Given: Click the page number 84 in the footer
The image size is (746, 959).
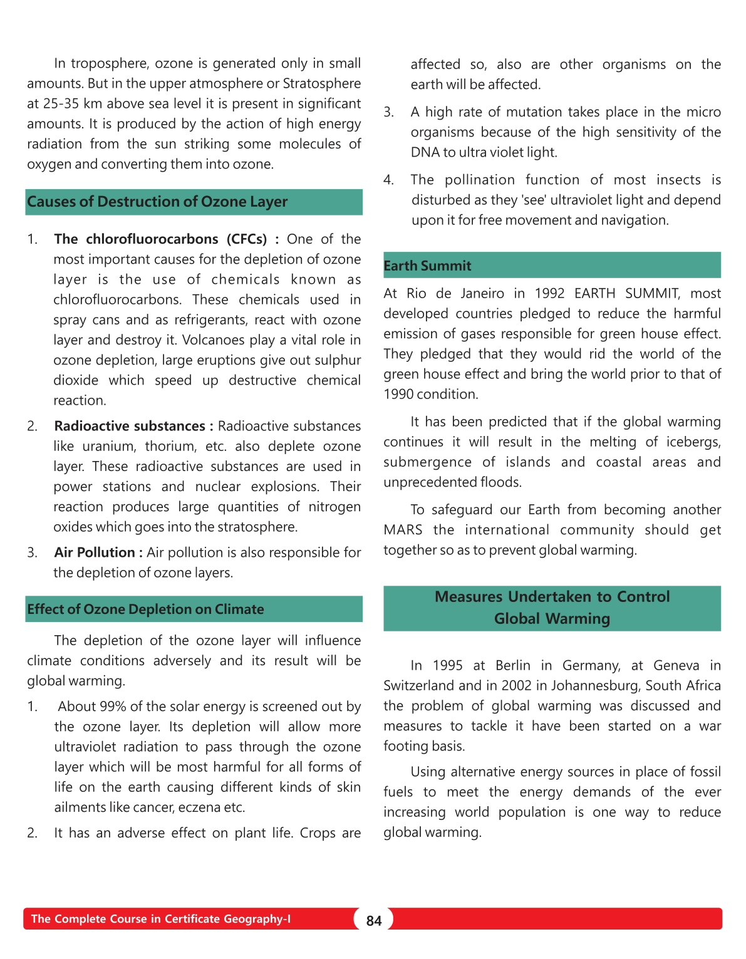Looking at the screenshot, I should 374,920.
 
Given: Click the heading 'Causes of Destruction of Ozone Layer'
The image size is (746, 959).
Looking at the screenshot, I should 157,202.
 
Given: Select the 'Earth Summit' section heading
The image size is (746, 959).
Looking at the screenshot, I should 427,266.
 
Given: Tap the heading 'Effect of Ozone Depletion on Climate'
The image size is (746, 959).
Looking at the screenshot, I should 145,609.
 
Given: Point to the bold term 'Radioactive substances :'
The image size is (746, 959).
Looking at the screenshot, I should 133,426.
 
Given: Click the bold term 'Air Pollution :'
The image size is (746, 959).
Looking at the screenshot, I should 98,552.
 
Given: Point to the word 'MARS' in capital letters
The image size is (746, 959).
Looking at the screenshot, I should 403,530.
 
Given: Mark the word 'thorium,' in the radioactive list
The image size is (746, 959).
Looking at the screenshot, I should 170,446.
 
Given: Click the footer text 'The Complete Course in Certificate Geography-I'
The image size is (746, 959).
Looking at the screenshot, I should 160,919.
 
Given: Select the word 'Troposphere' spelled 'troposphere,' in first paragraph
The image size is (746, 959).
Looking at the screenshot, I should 110,63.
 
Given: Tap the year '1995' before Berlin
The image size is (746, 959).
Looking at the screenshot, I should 447,665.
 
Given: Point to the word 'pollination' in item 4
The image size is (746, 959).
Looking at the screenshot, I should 480,180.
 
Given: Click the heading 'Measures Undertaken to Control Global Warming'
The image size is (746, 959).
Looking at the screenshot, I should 552,608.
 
